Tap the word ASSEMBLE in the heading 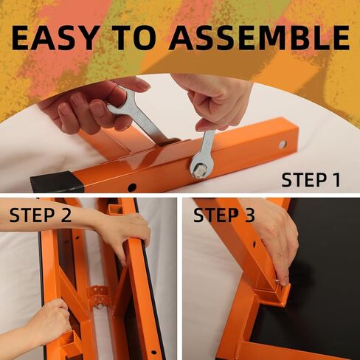click(259, 38)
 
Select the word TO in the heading click(136, 38)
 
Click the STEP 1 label click(311, 180)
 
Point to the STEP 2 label click(41, 215)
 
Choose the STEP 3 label click(224, 215)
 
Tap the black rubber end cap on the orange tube click(56, 182)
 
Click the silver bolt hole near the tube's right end click(283, 145)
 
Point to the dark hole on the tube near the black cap click(132, 187)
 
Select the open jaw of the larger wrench click(117, 103)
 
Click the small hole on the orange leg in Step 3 click(254, 245)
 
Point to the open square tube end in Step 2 click(115, 210)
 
